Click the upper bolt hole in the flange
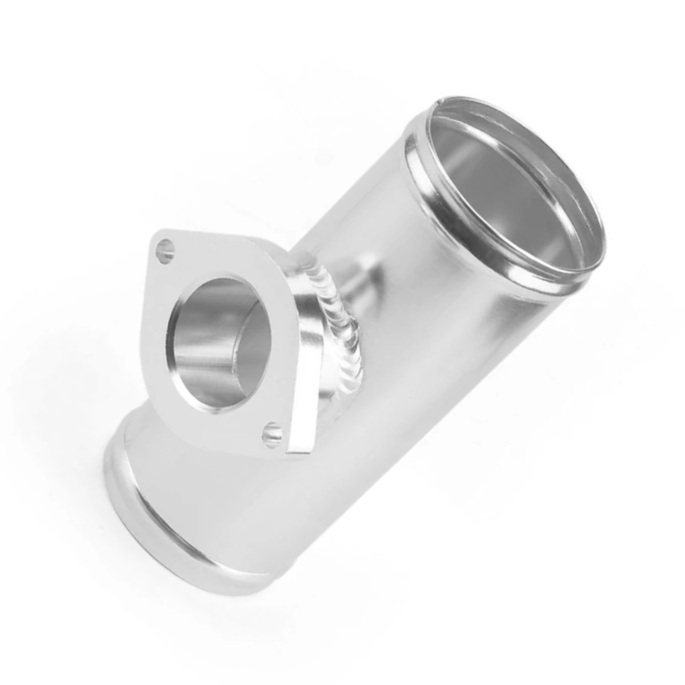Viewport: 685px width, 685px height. (165, 251)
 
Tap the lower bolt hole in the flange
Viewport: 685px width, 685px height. (273, 434)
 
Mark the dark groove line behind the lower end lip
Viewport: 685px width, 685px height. (137, 438)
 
